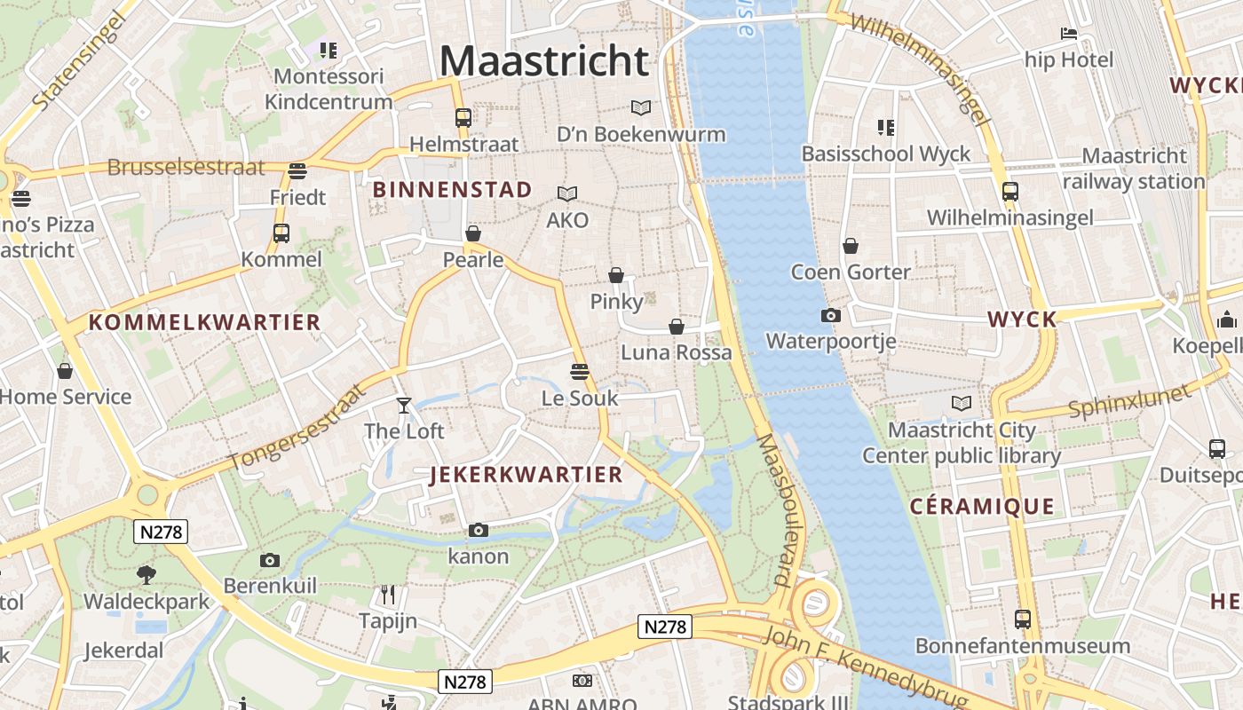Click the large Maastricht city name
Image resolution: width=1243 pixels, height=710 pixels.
(x=544, y=61)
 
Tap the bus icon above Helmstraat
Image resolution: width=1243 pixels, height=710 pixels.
(x=463, y=117)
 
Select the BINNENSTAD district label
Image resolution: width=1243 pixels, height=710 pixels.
(x=452, y=189)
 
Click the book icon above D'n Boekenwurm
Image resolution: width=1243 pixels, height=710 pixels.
(x=640, y=108)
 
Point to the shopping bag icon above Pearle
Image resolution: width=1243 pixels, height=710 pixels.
(x=473, y=233)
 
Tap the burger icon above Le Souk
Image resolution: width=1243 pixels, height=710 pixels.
(x=580, y=371)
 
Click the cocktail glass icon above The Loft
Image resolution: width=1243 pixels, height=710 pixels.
(x=404, y=406)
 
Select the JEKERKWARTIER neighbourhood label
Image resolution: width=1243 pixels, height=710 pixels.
(x=526, y=474)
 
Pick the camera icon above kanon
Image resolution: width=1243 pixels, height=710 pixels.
(x=479, y=531)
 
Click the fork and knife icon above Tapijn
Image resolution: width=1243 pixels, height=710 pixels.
(x=388, y=594)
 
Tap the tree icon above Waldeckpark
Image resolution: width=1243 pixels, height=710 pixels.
(x=146, y=575)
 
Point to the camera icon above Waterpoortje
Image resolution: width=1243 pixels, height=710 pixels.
(x=831, y=315)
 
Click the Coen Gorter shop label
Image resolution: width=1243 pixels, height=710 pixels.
(x=851, y=272)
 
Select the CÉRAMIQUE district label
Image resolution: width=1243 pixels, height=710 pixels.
(x=982, y=507)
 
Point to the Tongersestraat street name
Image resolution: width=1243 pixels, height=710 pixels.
(x=297, y=428)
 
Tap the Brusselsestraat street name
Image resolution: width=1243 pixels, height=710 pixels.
(x=186, y=167)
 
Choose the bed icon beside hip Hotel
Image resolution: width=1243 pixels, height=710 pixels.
(x=1069, y=35)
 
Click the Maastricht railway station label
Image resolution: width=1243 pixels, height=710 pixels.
(x=1134, y=169)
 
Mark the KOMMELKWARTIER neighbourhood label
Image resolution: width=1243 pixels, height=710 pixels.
(x=204, y=322)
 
